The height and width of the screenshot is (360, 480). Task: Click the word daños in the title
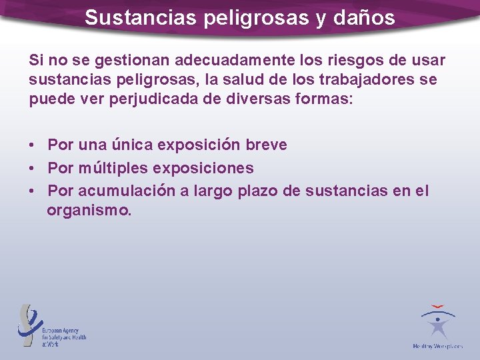[365, 17]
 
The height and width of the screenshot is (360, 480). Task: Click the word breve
[265, 145]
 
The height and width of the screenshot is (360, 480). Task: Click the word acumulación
[127, 191]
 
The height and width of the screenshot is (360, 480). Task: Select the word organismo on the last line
[89, 211]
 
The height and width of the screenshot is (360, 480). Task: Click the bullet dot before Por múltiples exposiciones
[32, 169]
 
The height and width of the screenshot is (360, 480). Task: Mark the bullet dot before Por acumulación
[32, 192]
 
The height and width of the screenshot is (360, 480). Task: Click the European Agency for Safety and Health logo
[52, 326]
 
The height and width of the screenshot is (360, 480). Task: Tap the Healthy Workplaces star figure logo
[438, 323]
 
